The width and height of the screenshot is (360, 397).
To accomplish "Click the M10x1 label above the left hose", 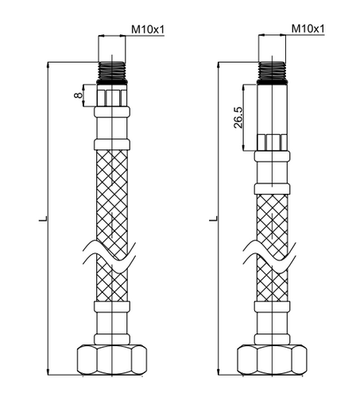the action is (x=148, y=29).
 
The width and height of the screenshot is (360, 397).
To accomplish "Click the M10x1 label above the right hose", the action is (x=308, y=29).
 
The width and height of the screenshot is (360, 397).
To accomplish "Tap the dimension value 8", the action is (x=79, y=95).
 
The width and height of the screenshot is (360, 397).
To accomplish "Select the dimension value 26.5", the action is (x=238, y=118).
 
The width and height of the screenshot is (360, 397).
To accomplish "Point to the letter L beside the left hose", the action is (x=43, y=218).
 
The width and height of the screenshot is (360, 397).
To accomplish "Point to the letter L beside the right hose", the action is (x=214, y=218).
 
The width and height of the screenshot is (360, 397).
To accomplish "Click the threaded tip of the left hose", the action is (x=112, y=71).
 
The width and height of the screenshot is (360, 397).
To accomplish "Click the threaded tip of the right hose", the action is (x=272, y=71).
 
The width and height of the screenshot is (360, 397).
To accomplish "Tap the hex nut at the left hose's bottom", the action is (x=112, y=360).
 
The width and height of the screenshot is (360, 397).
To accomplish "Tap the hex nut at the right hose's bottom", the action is (x=273, y=360).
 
